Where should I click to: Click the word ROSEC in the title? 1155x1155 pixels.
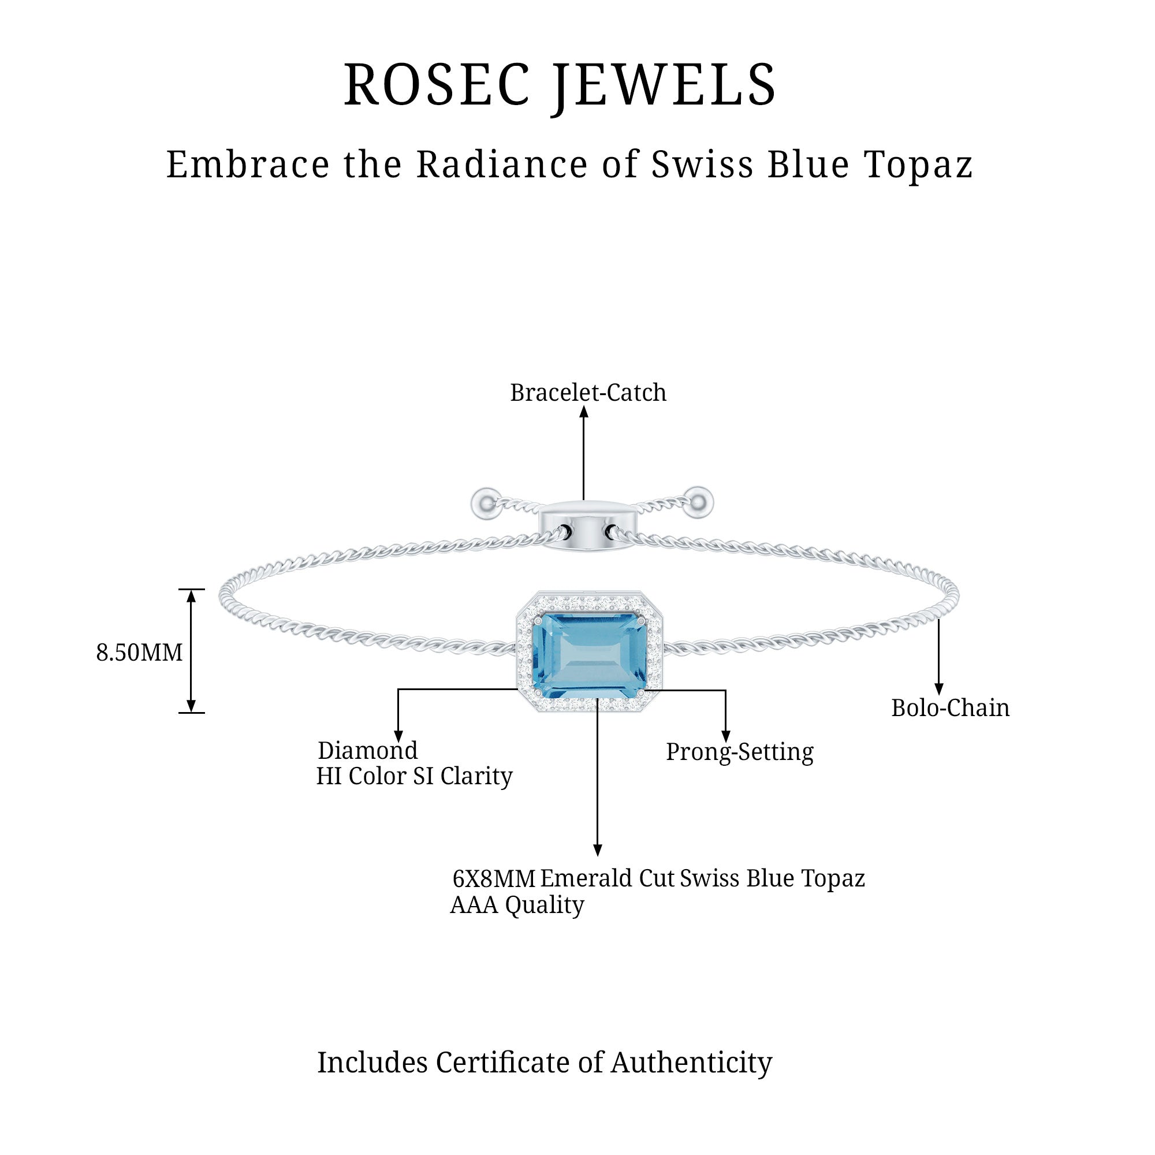coord(437,85)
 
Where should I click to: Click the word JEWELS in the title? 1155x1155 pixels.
coord(665,85)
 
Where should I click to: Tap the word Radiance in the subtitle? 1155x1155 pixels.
coord(502,165)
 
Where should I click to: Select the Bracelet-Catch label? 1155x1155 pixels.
coord(588,393)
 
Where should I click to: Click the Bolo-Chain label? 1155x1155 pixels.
coord(950,708)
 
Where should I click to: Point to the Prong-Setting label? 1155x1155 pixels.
coord(740,751)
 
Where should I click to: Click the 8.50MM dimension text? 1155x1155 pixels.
coord(139,652)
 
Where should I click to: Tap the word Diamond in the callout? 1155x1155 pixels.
coord(368,750)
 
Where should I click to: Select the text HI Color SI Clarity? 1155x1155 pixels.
coord(413,776)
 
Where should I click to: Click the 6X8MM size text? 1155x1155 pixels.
coord(494,879)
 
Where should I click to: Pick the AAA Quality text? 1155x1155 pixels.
coord(516,904)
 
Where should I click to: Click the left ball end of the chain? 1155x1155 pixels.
coord(485,504)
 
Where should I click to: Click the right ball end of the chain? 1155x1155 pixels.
coord(698,502)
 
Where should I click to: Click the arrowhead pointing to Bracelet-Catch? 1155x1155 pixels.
coord(584,412)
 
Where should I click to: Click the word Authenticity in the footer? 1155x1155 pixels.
coord(691,1063)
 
